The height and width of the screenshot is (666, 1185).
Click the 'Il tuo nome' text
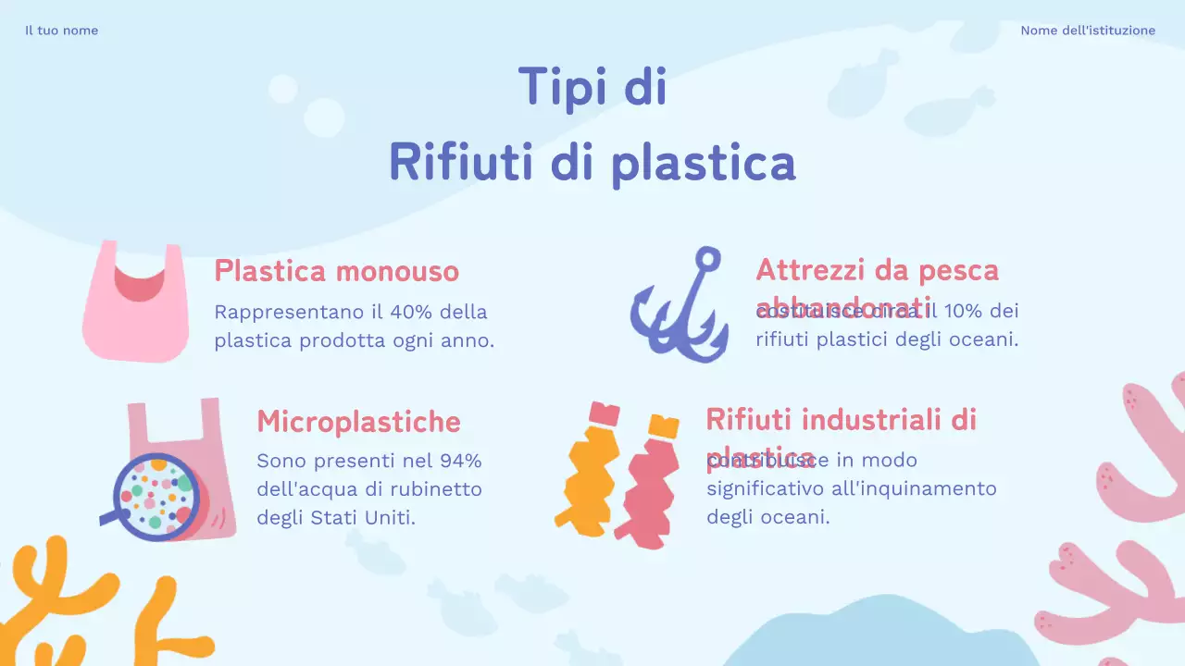61,31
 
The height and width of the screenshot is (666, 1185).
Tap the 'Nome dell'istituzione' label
1088,31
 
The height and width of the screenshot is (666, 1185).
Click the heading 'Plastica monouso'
336,271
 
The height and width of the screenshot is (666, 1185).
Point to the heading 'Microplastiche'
358,422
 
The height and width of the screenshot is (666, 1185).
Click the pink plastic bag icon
135,305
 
